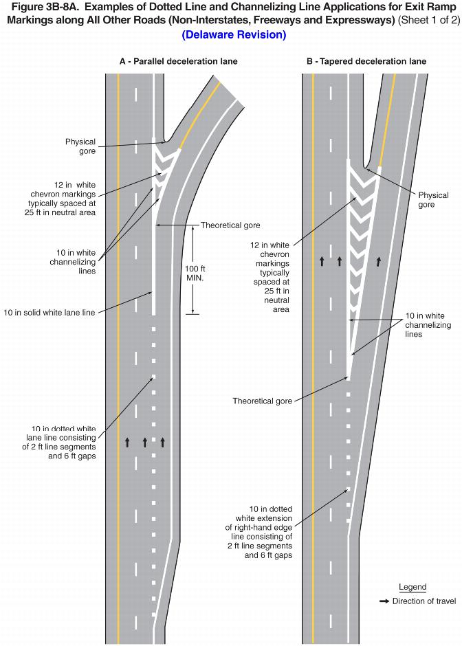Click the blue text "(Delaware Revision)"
(x=234, y=34)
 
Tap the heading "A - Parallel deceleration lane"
(x=178, y=61)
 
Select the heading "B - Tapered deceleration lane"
(x=366, y=61)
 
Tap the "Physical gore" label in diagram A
(x=80, y=146)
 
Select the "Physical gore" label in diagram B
(x=432, y=200)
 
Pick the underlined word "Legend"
(x=412, y=588)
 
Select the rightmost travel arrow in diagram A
(x=163, y=441)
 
